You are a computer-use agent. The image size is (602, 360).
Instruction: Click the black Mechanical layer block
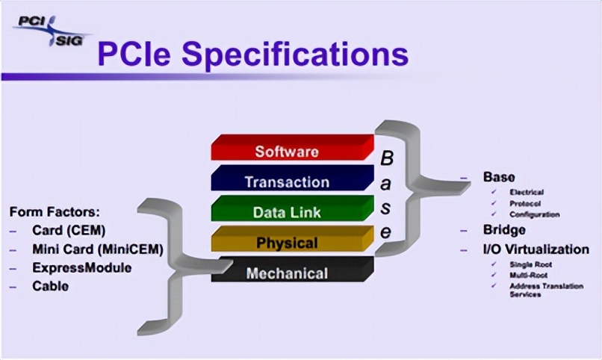(x=291, y=273)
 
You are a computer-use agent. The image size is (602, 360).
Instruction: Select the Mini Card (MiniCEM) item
(x=97, y=249)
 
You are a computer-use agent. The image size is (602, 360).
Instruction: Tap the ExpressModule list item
(x=81, y=267)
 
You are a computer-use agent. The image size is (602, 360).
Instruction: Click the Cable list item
(x=50, y=285)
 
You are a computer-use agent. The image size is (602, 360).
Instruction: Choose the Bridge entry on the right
(x=504, y=230)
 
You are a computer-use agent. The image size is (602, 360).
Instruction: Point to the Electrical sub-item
(x=527, y=192)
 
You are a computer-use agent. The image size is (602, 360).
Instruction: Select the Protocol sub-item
(x=525, y=203)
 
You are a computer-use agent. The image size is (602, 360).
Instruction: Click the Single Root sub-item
(x=531, y=264)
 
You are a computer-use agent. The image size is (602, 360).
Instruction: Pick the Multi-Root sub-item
(x=527, y=275)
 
